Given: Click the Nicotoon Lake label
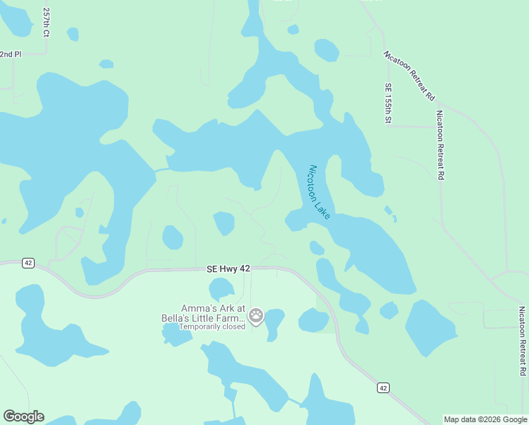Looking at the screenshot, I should pos(320,191).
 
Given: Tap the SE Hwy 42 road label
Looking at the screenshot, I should pos(228,269).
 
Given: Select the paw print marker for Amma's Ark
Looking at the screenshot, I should pos(256,315).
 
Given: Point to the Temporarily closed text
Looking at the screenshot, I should pos(211,327).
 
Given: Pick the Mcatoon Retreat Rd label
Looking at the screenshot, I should pos(409,75).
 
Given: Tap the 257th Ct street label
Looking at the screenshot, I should pos(47,22).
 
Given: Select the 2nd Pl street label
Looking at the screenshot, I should pos(11,54).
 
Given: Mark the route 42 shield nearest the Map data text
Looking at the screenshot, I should pos(383,387).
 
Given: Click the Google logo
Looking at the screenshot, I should pos(23,416).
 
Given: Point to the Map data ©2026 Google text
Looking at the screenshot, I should pos(485,419).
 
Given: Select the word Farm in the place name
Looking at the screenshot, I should pos(233,318).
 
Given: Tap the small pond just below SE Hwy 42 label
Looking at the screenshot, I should pos(221,288).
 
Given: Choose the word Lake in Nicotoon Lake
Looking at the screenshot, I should pos(322,209).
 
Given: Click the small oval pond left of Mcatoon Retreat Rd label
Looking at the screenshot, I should pos(326,50).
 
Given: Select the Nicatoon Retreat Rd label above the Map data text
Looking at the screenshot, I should pos(522,341).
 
